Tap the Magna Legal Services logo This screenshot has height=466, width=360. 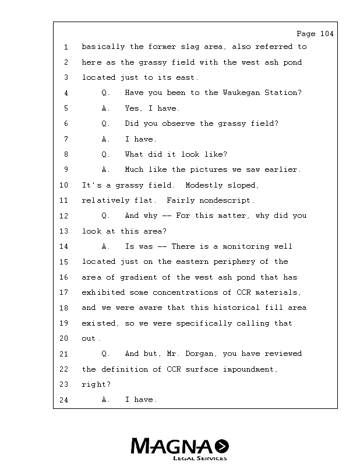[x=180, y=449]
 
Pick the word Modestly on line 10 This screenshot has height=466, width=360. [x=204, y=185]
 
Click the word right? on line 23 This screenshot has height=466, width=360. [x=96, y=384]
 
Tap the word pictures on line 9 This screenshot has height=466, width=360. [x=208, y=170]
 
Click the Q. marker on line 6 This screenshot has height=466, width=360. [x=105, y=123]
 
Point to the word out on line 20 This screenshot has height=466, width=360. [x=90, y=338]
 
